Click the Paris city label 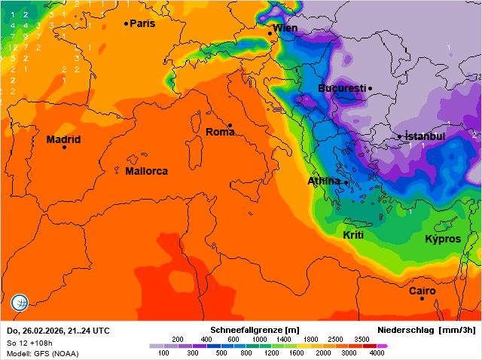pyautogui.click(x=142, y=23)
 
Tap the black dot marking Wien pyautogui.click(x=270, y=33)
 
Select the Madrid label pyautogui.click(x=63, y=139)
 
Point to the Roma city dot pyautogui.click(x=230, y=125)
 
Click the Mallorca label pyautogui.click(x=146, y=171)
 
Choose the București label pyautogui.click(x=341, y=88)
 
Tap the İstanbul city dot pyautogui.click(x=400, y=137)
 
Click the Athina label pyautogui.click(x=324, y=181)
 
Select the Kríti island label pyautogui.click(x=353, y=235)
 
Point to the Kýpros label pyautogui.click(x=443, y=239)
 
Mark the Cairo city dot pyautogui.click(x=422, y=299)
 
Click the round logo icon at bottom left pyautogui.click(x=20, y=303)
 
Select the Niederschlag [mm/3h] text pyautogui.click(x=426, y=331)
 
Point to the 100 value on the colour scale pyautogui.click(x=163, y=352)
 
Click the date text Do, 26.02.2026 pyautogui.click(x=38, y=331)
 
